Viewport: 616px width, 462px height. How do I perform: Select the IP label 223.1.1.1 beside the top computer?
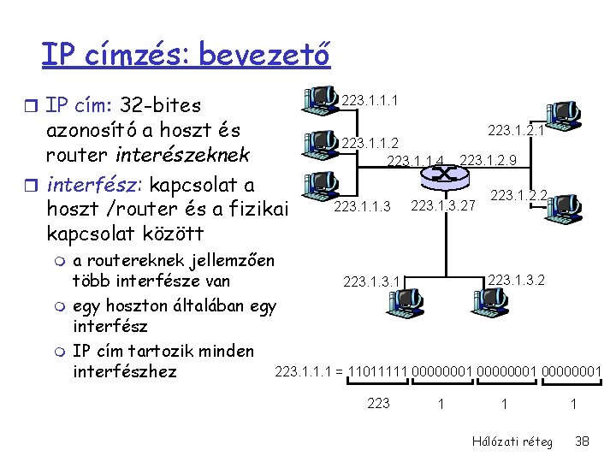click(369, 103)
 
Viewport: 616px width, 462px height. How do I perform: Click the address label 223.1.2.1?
click(516, 130)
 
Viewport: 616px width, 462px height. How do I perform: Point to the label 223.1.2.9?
click(488, 160)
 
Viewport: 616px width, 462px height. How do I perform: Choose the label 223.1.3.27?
click(443, 206)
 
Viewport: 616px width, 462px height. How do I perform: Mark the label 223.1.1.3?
click(362, 206)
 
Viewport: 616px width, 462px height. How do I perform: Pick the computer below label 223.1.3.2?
click(489, 299)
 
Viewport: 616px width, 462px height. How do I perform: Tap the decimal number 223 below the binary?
click(377, 403)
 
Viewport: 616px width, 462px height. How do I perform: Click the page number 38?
click(582, 441)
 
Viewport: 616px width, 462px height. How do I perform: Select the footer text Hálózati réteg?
click(512, 441)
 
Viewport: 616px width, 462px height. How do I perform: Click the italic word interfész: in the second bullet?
click(89, 185)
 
